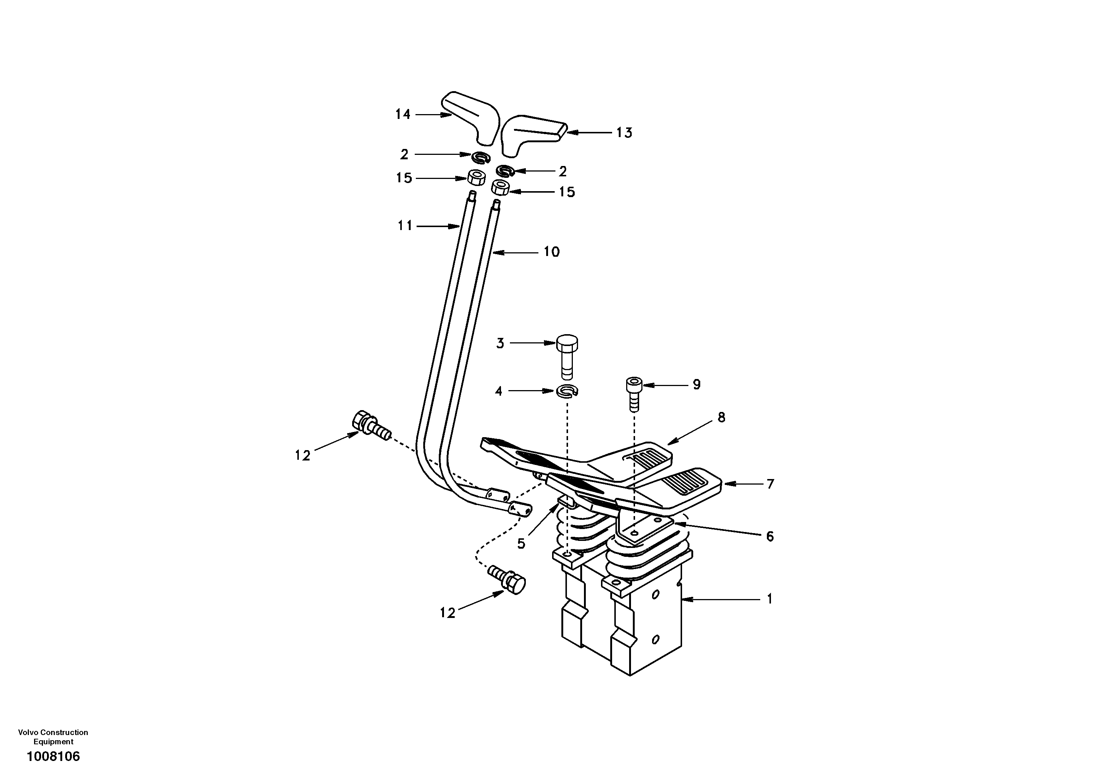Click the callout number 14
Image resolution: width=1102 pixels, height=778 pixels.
(x=403, y=114)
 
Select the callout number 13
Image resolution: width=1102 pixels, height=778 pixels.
(x=624, y=133)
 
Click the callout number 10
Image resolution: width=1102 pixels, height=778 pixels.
(x=551, y=252)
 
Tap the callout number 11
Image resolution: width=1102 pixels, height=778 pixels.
(x=405, y=226)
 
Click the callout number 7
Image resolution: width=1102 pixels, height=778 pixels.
(x=770, y=484)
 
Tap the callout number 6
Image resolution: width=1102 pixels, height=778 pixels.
(x=770, y=536)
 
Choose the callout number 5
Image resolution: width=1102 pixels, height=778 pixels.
(x=521, y=543)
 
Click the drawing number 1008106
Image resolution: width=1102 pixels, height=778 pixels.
(x=53, y=757)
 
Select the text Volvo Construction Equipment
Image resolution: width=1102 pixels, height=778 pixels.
(x=53, y=737)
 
